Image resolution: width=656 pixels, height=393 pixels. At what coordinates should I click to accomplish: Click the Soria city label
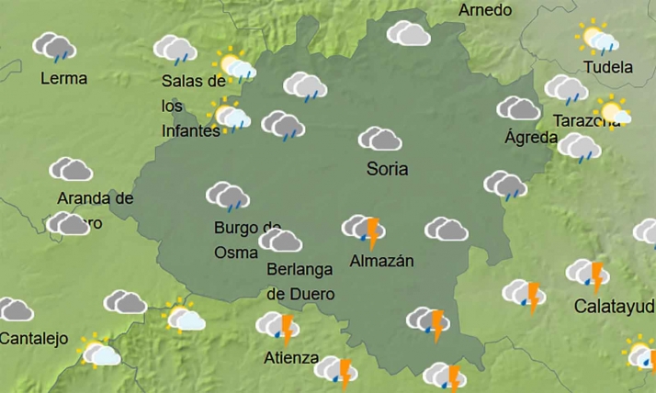click(x=387, y=169)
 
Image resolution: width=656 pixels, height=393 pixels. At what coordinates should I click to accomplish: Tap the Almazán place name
click(x=382, y=262)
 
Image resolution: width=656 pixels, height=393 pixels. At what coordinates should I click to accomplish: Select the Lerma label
click(x=64, y=79)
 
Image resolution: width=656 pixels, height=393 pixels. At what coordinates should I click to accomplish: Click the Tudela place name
click(x=608, y=67)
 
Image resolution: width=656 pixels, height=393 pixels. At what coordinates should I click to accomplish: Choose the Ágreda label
click(x=531, y=138)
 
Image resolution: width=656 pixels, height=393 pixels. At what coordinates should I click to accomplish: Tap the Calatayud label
click(x=614, y=306)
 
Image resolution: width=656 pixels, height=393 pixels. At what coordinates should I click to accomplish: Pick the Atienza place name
click(x=291, y=358)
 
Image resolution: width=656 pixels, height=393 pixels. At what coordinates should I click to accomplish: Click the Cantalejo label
click(x=34, y=339)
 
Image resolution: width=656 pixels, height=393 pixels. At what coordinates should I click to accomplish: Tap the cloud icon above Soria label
click(x=379, y=140)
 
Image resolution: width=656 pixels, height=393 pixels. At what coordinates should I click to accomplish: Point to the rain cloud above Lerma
click(x=54, y=47)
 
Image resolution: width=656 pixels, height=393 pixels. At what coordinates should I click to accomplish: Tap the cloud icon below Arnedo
click(x=409, y=34)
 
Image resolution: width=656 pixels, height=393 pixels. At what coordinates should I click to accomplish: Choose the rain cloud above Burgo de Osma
click(x=227, y=196)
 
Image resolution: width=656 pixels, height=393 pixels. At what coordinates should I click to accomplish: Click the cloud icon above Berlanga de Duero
click(x=280, y=241)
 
